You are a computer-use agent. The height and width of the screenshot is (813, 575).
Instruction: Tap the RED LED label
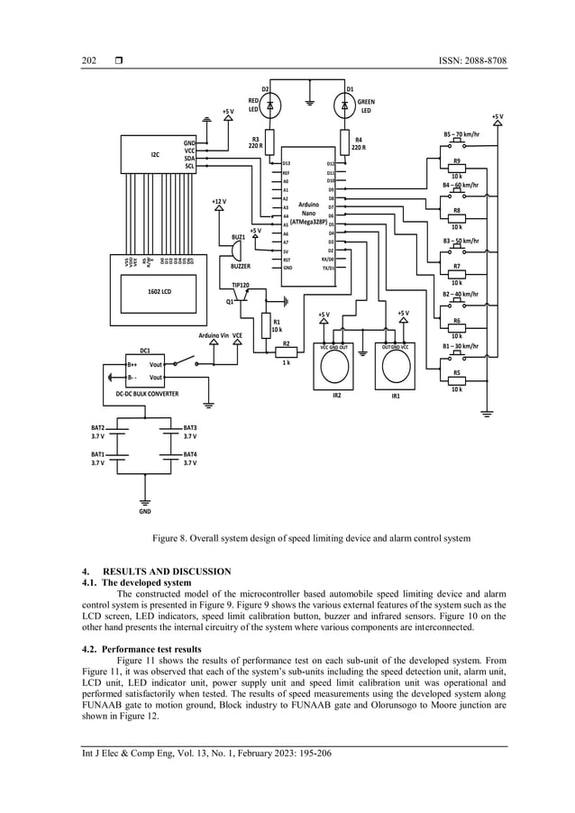(255, 105)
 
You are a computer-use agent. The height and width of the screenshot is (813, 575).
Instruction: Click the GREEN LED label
(365, 106)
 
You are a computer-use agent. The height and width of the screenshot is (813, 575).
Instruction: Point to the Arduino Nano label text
(307, 214)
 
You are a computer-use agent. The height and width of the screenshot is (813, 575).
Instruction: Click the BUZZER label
(241, 267)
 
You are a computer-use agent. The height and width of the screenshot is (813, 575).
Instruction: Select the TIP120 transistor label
(241, 284)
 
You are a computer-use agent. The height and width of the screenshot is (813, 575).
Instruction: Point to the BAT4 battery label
(189, 458)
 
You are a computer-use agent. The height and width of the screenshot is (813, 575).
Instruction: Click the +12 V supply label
(218, 201)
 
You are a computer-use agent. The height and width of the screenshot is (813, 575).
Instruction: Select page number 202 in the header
(89, 60)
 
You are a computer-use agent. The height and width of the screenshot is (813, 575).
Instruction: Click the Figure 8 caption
(311, 538)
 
